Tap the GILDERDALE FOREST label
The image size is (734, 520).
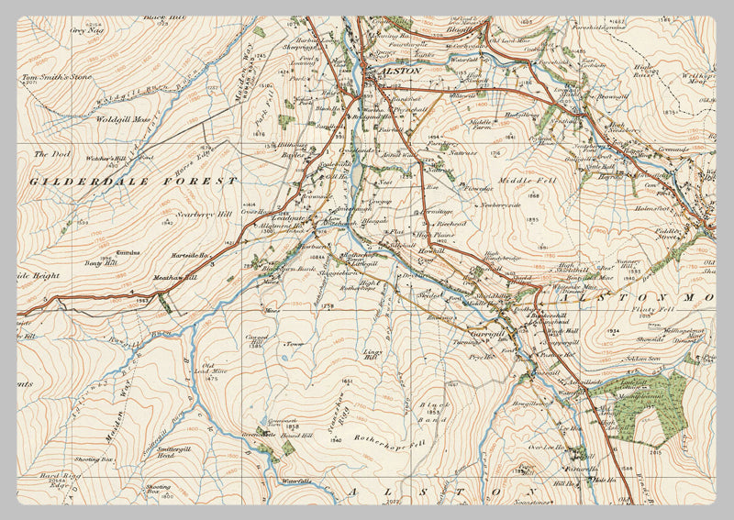pyautogui.click(x=134, y=182)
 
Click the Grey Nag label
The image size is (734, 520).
pyautogui.click(x=83, y=29)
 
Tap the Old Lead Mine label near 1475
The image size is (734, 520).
pyautogui.click(x=214, y=370)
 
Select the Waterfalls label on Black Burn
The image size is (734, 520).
pyautogui.click(x=297, y=481)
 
